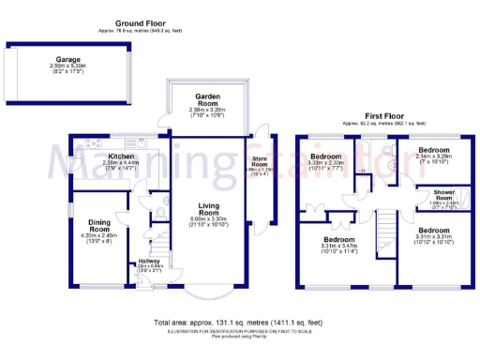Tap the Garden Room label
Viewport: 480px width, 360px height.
[207, 97]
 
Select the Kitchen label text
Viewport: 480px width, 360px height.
[120, 156]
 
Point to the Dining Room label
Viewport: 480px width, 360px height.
[99, 225]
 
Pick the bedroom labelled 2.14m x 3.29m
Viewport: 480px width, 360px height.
[433, 150]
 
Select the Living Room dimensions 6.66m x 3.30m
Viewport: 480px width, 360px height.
[209, 223]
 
